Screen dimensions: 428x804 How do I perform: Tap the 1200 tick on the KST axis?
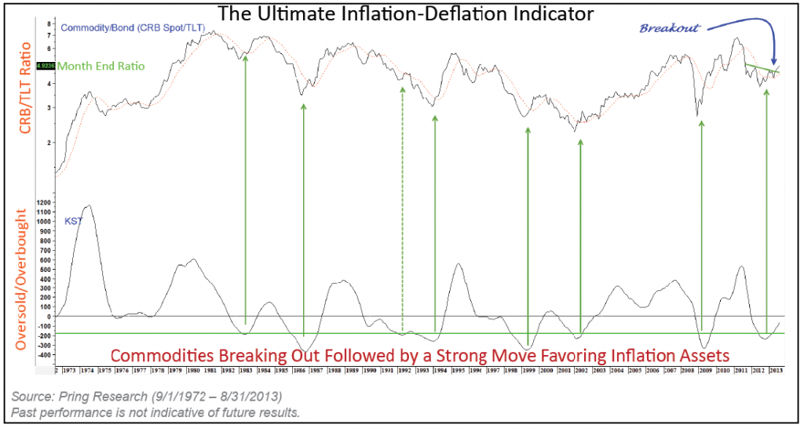pyautogui.click(x=44, y=202)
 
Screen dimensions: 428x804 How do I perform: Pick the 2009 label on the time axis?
pyautogui.click(x=705, y=368)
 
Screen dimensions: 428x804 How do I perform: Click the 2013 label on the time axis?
pyautogui.click(x=775, y=368)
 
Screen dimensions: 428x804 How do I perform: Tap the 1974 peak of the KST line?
pyautogui.click(x=89, y=206)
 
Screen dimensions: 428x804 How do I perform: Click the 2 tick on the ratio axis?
pyautogui.click(x=49, y=142)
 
